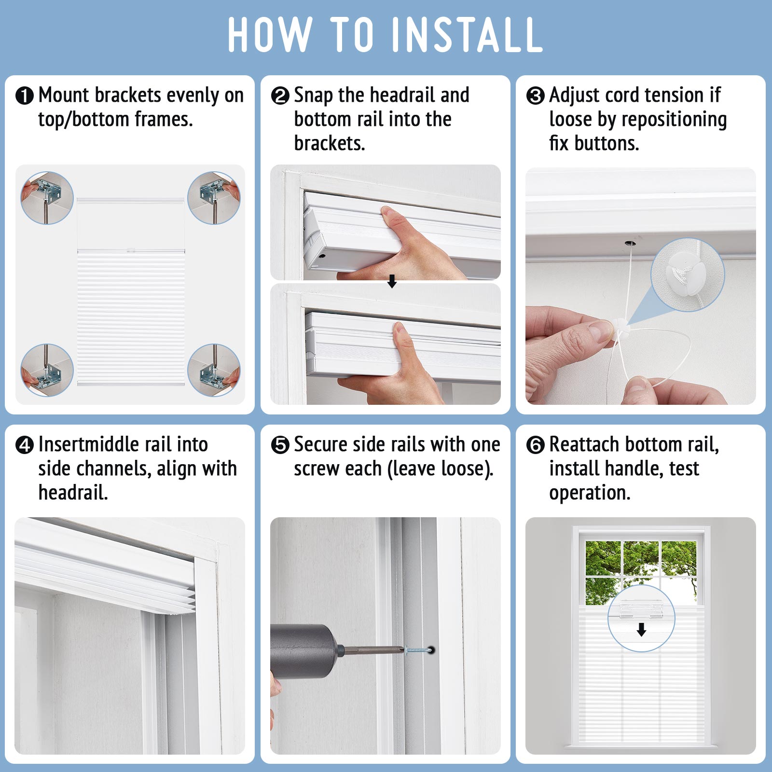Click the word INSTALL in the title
click(467, 34)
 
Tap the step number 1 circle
click(25, 96)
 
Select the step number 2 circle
click(280, 96)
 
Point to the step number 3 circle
click(536, 96)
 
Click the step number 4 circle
click(25, 445)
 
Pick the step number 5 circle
click(280, 445)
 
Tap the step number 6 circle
click(536, 445)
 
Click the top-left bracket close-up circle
click(47, 198)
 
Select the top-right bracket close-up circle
click(214, 198)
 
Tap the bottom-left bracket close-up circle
click(47, 370)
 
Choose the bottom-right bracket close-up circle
click(214, 370)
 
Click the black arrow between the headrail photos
click(392, 281)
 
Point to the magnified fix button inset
click(688, 275)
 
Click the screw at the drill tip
click(418, 650)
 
